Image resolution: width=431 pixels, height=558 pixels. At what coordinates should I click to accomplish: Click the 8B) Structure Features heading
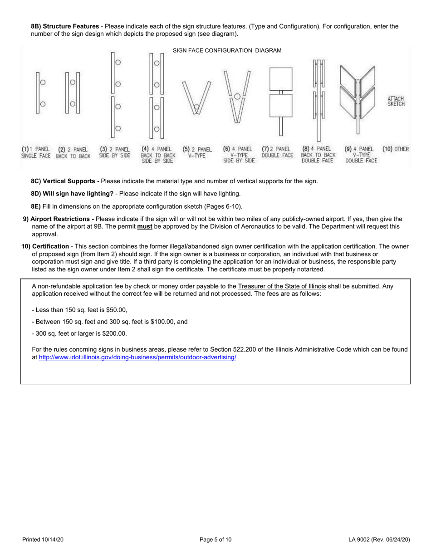pos(64,26)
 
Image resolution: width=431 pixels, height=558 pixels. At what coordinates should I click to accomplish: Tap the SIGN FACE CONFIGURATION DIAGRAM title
pos(227,50)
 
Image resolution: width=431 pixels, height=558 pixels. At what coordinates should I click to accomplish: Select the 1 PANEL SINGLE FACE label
pos(36,152)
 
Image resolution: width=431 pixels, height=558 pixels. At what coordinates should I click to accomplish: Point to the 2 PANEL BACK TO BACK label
pos(73,152)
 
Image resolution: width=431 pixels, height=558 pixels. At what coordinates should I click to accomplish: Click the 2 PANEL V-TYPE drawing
pos(196,97)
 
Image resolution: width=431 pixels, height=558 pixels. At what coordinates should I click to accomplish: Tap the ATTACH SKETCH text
pos(396,101)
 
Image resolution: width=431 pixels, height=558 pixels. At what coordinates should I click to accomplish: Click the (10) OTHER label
pos(395,149)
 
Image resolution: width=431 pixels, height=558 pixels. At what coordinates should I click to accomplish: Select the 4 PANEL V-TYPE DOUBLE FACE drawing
pos(358,98)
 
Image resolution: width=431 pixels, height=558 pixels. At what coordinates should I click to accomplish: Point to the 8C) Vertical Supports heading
pos(65,181)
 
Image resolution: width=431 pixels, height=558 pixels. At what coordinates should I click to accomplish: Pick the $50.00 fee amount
pos(116,310)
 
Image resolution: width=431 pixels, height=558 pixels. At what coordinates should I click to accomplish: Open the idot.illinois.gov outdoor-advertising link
pos(137,357)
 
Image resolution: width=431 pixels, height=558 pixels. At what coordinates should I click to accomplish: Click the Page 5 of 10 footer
pos(215,539)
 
